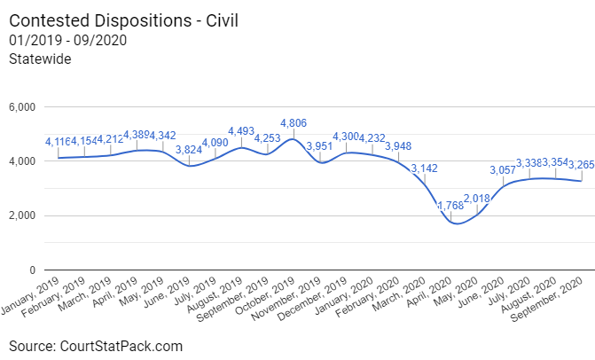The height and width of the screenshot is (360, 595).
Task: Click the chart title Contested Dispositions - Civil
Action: tap(124, 20)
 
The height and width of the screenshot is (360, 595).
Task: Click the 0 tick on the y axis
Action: tap(31, 270)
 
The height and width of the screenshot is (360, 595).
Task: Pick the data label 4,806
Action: tap(294, 123)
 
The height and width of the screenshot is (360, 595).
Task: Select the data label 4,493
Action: tap(241, 132)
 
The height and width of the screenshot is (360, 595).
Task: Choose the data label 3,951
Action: tap(319, 146)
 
